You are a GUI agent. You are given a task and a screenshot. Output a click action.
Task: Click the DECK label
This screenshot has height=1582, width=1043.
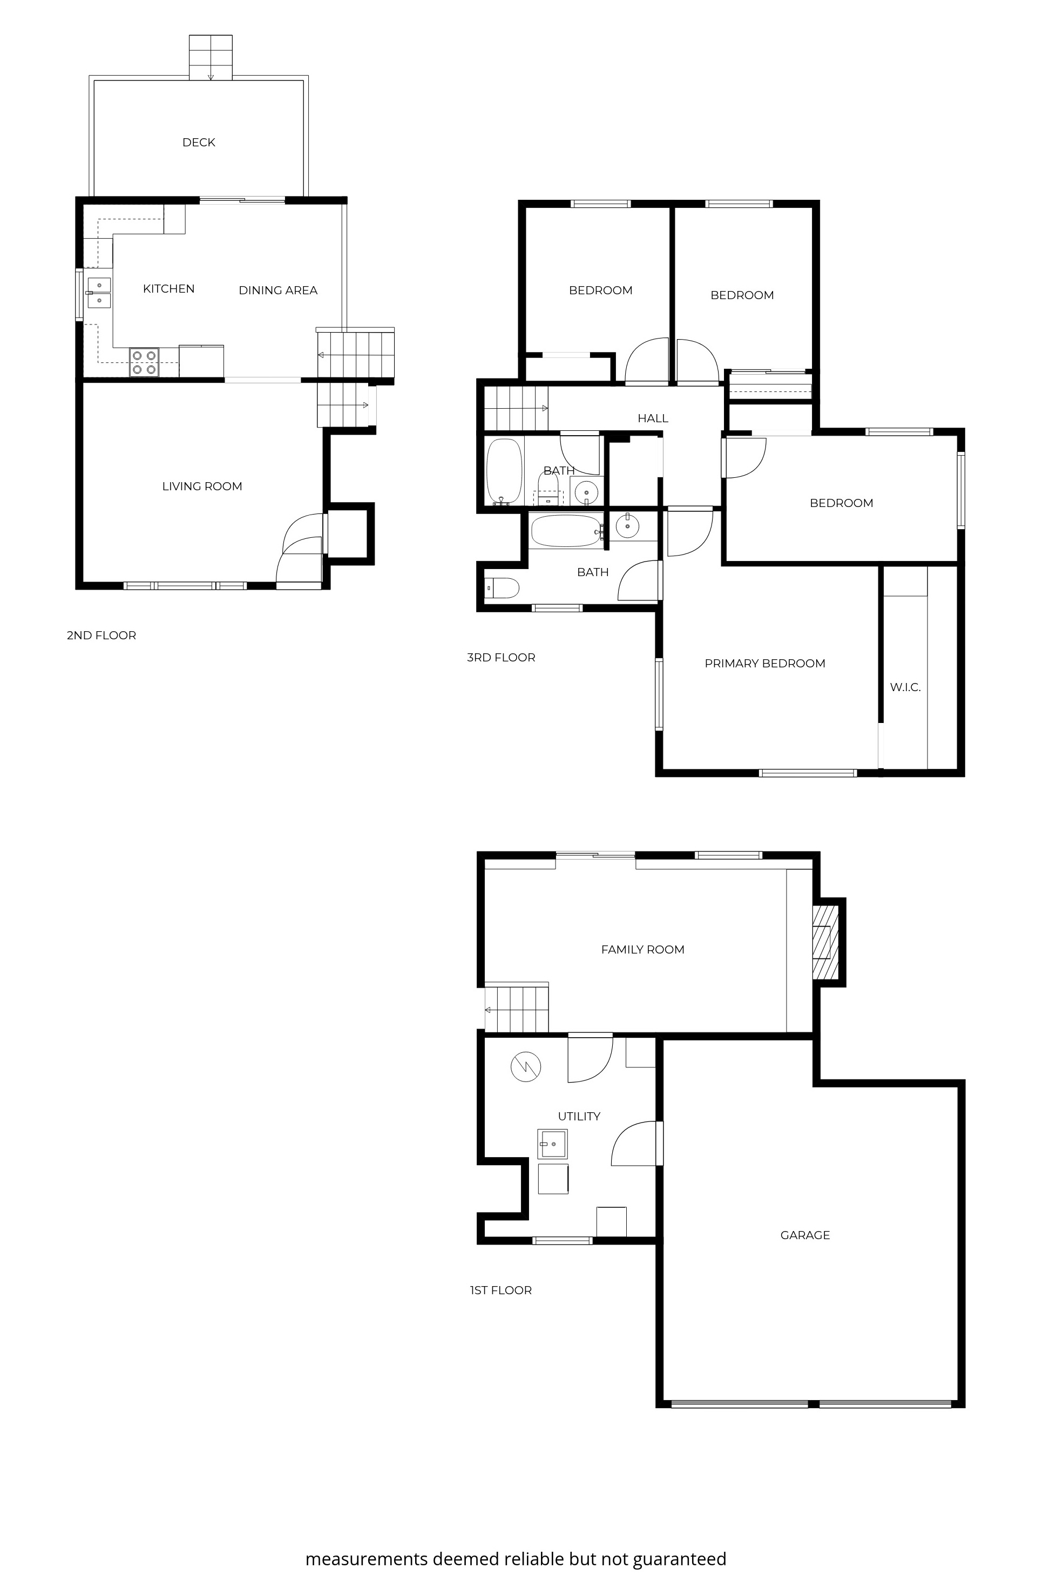point(198,143)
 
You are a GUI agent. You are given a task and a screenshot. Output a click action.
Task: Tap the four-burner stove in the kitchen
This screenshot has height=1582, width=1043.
point(144,363)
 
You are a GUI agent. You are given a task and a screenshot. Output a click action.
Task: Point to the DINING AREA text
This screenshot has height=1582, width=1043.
point(277,290)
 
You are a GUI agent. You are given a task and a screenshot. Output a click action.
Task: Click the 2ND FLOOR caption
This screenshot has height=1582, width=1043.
point(101,635)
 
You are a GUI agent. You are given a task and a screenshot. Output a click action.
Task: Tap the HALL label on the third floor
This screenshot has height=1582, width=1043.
point(653,418)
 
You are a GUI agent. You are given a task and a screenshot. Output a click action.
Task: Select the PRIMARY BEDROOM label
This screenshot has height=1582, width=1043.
point(764,663)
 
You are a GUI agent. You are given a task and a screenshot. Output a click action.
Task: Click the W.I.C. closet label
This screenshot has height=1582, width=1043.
point(905,687)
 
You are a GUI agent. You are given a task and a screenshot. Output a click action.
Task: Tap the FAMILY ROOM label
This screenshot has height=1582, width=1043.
point(642,949)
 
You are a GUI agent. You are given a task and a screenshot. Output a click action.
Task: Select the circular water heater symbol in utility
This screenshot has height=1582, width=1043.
point(525,1067)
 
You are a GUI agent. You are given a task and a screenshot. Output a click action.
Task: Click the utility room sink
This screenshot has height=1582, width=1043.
point(553,1144)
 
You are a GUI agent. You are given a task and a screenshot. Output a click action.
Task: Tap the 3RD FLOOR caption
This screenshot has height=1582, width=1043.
point(500,657)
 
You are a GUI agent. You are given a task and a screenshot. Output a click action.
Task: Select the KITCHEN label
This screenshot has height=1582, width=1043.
point(168,289)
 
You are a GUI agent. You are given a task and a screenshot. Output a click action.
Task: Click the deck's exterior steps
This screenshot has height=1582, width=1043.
point(211,57)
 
